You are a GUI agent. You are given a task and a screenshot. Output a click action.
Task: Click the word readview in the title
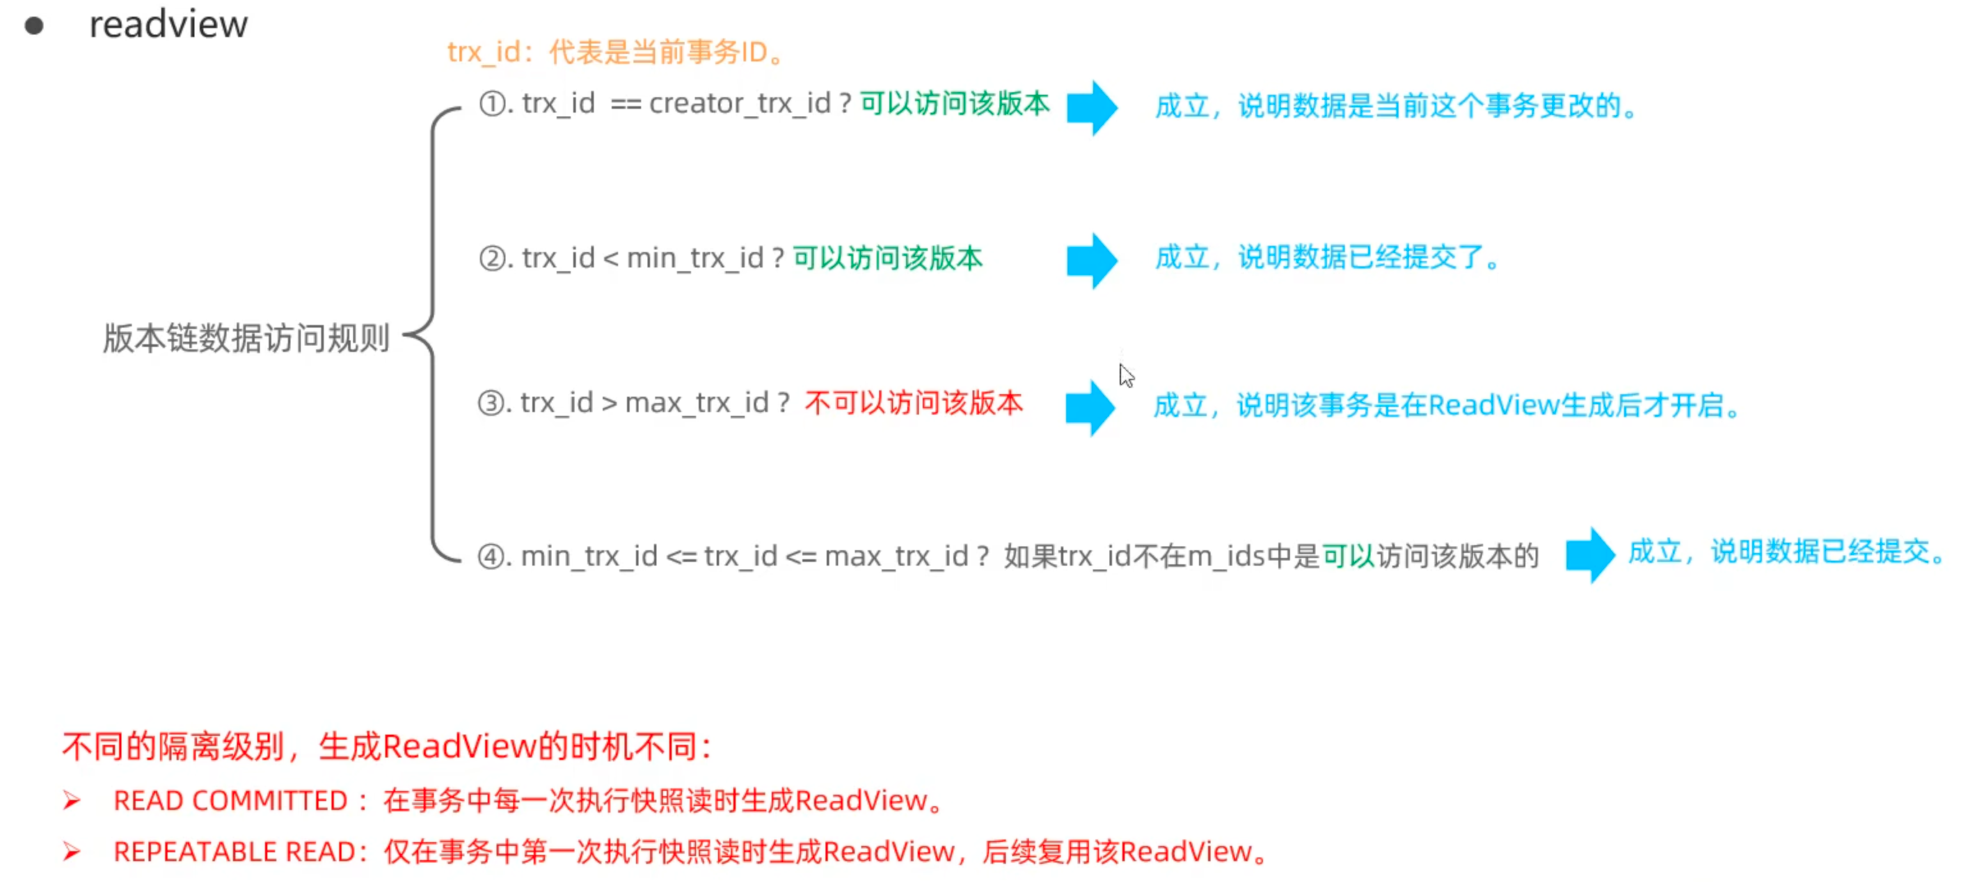[x=168, y=24]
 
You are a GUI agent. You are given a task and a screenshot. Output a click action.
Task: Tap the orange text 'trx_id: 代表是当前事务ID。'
[x=616, y=52]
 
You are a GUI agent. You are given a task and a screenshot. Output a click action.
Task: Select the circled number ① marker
[x=492, y=104]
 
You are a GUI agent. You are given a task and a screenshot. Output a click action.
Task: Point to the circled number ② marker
[x=492, y=259]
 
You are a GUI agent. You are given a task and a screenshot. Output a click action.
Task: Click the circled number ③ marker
[x=491, y=403]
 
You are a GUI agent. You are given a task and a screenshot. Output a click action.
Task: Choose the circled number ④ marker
[x=491, y=556]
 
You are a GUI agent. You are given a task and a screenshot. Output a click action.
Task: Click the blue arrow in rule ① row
[x=1092, y=107]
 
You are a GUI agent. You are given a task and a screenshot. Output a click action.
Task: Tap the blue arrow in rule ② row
[x=1092, y=260]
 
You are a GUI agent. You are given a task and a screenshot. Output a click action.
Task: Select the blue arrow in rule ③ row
[x=1090, y=408]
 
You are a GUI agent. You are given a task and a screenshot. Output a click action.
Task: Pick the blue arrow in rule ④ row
[x=1589, y=555]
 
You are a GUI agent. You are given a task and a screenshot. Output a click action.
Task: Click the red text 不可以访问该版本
[x=913, y=403]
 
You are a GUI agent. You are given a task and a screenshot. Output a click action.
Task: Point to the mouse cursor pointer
[x=1126, y=375]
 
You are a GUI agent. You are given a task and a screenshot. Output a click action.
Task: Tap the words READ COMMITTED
[x=230, y=800]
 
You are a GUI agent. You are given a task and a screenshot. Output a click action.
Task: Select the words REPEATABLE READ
[x=235, y=852]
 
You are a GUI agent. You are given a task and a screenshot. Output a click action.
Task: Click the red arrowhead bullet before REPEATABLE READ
[x=72, y=851]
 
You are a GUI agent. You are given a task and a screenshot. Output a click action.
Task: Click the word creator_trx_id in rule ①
[x=739, y=104]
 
